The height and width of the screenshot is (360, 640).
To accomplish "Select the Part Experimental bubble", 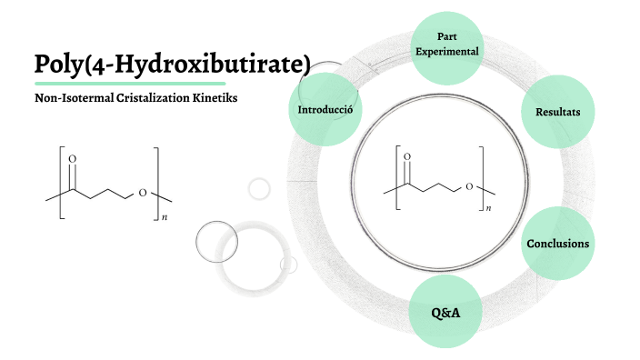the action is pos(445,44).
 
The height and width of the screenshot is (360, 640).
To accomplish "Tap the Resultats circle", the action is pos(557,112).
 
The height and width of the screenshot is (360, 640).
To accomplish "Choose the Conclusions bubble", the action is pos(557,244).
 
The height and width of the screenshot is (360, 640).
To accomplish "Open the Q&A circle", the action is pos(445,313).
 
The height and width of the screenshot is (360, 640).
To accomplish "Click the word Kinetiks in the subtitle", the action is pos(213,98).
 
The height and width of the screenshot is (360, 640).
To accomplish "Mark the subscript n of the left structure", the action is pos(164,219).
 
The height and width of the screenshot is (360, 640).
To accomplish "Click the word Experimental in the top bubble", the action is pos(446,52).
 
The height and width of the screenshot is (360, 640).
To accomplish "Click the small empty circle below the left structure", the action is pos(260,189).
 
